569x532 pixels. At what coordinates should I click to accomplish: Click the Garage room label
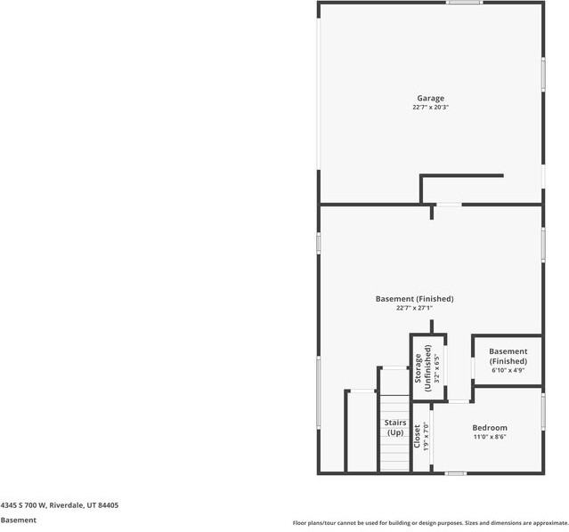(431, 99)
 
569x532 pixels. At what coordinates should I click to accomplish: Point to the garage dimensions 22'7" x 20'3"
(431, 108)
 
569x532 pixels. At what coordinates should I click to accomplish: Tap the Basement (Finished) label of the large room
(414, 299)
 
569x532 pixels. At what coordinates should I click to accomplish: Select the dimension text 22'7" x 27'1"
(414, 309)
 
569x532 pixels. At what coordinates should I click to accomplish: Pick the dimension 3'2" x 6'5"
(437, 365)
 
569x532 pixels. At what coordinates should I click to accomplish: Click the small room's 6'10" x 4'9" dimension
(508, 370)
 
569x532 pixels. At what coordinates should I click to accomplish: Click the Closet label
(415, 435)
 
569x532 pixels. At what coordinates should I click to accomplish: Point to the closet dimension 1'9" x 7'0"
(426, 435)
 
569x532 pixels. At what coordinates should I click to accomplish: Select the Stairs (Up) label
(394, 428)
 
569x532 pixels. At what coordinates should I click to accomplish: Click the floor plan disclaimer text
(430, 523)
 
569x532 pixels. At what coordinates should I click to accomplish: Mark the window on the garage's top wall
(465, 3)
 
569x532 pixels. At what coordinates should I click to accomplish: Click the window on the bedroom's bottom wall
(456, 473)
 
